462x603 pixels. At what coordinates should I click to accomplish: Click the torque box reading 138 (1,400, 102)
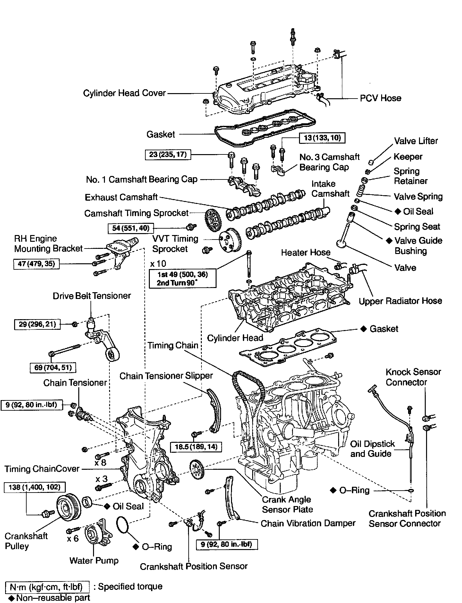(34, 487)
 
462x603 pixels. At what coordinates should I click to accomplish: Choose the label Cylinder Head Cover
(124, 93)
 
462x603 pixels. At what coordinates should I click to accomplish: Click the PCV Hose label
(381, 98)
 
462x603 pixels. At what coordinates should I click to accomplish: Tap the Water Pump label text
(94, 561)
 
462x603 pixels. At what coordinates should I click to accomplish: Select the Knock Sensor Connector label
(413, 377)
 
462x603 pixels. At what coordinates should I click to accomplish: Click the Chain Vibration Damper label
(308, 523)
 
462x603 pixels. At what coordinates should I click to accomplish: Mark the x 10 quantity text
(158, 264)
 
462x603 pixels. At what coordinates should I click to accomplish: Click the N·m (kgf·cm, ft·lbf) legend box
(47, 587)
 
